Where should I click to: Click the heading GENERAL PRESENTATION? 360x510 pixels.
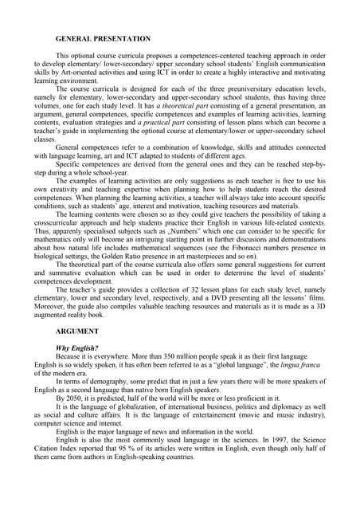tap(103, 38)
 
